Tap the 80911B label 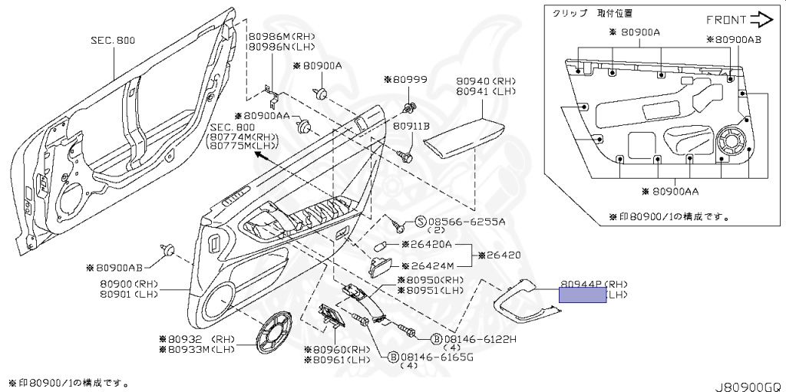coord(411,125)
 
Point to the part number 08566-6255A coord(466,222)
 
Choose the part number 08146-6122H coord(481,338)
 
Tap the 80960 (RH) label coord(340,350)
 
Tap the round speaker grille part coord(275,334)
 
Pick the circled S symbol coord(420,222)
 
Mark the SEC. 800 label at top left coord(114,40)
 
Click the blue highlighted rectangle coord(582,296)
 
